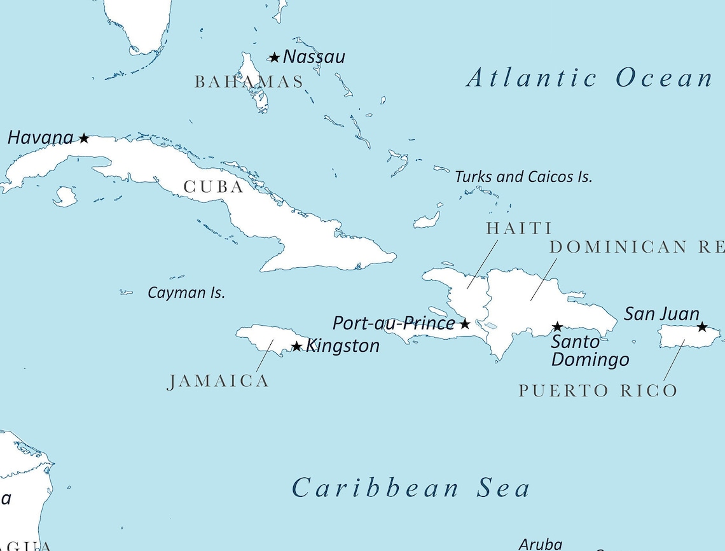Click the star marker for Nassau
click(x=274, y=58)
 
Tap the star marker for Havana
click(x=84, y=138)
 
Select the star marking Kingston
click(x=296, y=346)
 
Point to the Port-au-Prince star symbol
click(x=465, y=324)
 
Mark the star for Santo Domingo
click(x=557, y=327)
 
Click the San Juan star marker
click(x=701, y=327)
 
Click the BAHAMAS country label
click(x=249, y=82)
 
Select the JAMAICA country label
click(x=218, y=381)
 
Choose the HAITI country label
click(x=519, y=228)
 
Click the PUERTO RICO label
click(x=598, y=391)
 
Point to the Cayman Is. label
click(x=186, y=293)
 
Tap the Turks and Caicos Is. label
click(x=523, y=177)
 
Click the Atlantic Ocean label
click(x=589, y=78)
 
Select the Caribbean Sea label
click(x=411, y=488)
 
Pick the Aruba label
click(x=541, y=544)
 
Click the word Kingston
click(x=343, y=346)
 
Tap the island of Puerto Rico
click(x=687, y=336)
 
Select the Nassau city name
click(x=314, y=57)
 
